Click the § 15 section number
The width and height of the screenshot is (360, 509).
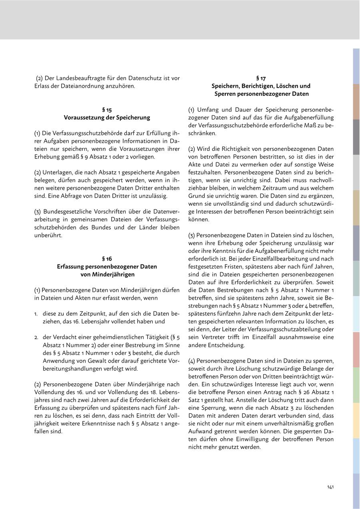[107, 109]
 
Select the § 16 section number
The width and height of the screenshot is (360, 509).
[107, 259]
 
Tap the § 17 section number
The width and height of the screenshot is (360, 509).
[261, 78]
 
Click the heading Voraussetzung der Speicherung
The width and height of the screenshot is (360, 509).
[107, 118]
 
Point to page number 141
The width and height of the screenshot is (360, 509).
[330, 487]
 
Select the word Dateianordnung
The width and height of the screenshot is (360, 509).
[90, 86]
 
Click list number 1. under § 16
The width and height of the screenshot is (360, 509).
[36, 314]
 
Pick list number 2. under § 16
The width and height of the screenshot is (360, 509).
[36, 337]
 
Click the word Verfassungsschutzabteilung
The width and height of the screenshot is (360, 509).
[289, 329]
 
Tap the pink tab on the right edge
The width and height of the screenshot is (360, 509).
[356, 349]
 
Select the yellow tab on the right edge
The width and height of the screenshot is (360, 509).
[356, 420]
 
